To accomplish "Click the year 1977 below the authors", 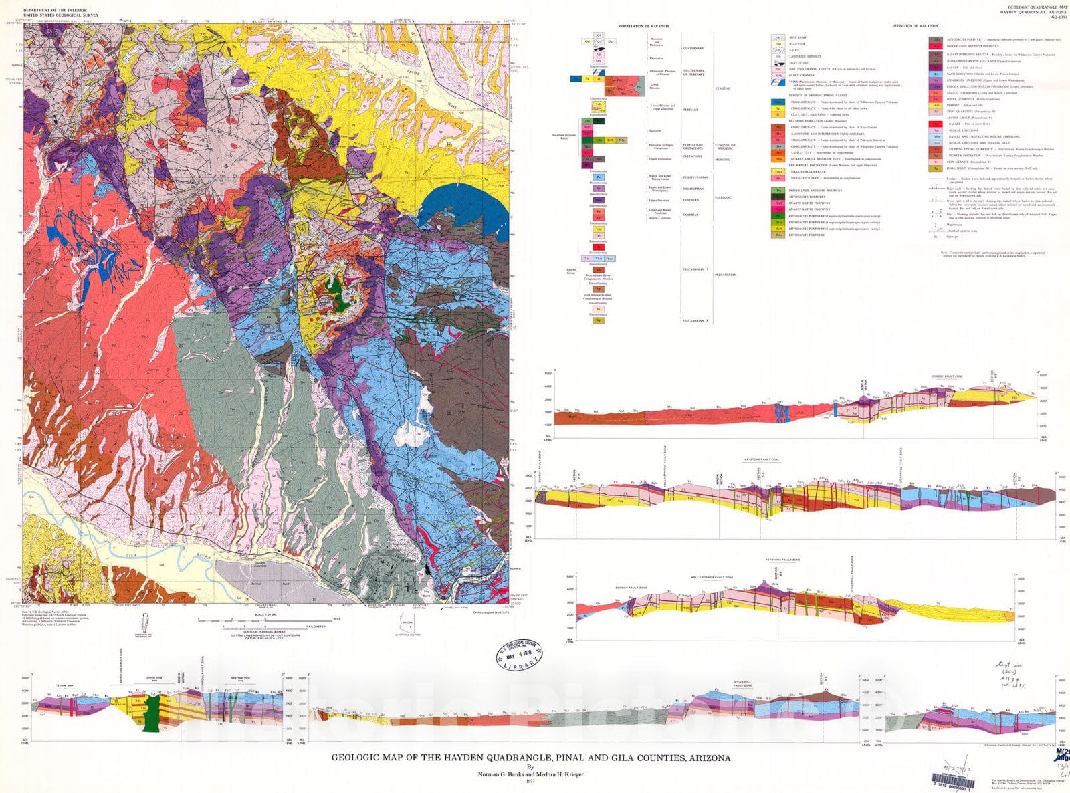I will pos(531,781).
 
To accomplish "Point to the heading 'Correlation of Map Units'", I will pos(643,26).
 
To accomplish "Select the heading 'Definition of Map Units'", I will pos(915,26).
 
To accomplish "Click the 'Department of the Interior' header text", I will pos(51,11).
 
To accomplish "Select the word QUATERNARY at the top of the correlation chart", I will pos(693,48).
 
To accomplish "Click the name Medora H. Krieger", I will pos(558,774).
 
